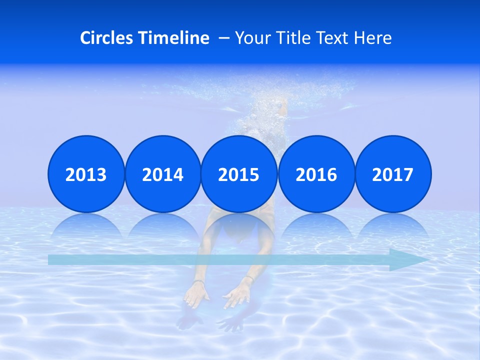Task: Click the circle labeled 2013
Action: pos(86,174)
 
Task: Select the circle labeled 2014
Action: pos(162,174)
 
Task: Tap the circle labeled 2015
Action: pos(239,174)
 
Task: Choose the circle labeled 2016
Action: pos(316,174)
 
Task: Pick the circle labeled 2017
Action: pos(393,174)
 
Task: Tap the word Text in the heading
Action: pos(332,38)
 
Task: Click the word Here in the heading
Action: pos(373,38)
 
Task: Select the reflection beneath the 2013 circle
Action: pos(86,228)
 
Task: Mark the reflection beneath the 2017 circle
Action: pos(393,228)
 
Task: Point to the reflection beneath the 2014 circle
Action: pos(162,228)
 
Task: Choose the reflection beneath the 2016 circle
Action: pos(316,228)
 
